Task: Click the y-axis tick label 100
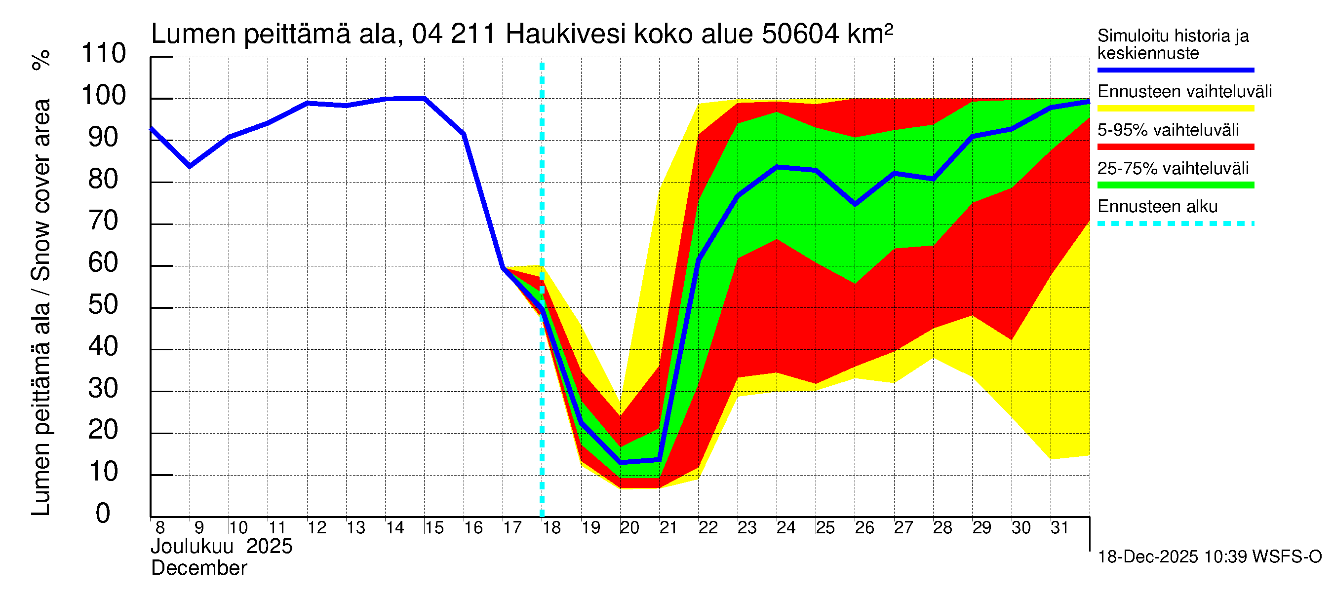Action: (x=104, y=96)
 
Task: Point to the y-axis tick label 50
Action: (x=104, y=305)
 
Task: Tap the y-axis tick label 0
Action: (x=103, y=514)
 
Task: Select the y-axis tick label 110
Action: (x=104, y=54)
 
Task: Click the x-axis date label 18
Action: (x=551, y=528)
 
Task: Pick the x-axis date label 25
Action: (x=825, y=528)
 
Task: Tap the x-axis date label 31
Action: (x=1059, y=528)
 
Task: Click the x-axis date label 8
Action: (x=160, y=528)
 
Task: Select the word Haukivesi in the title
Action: (x=565, y=35)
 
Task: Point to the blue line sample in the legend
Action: (x=1175, y=70)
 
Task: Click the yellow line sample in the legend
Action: (x=1175, y=109)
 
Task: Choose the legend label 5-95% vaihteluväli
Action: (x=1168, y=130)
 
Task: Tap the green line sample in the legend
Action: (x=1175, y=185)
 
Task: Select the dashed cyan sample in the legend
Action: (x=1175, y=224)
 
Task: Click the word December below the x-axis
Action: (x=198, y=569)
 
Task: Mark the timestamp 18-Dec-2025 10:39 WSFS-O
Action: (x=1209, y=557)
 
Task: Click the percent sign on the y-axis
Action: (x=41, y=60)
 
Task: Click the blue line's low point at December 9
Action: (x=190, y=166)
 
